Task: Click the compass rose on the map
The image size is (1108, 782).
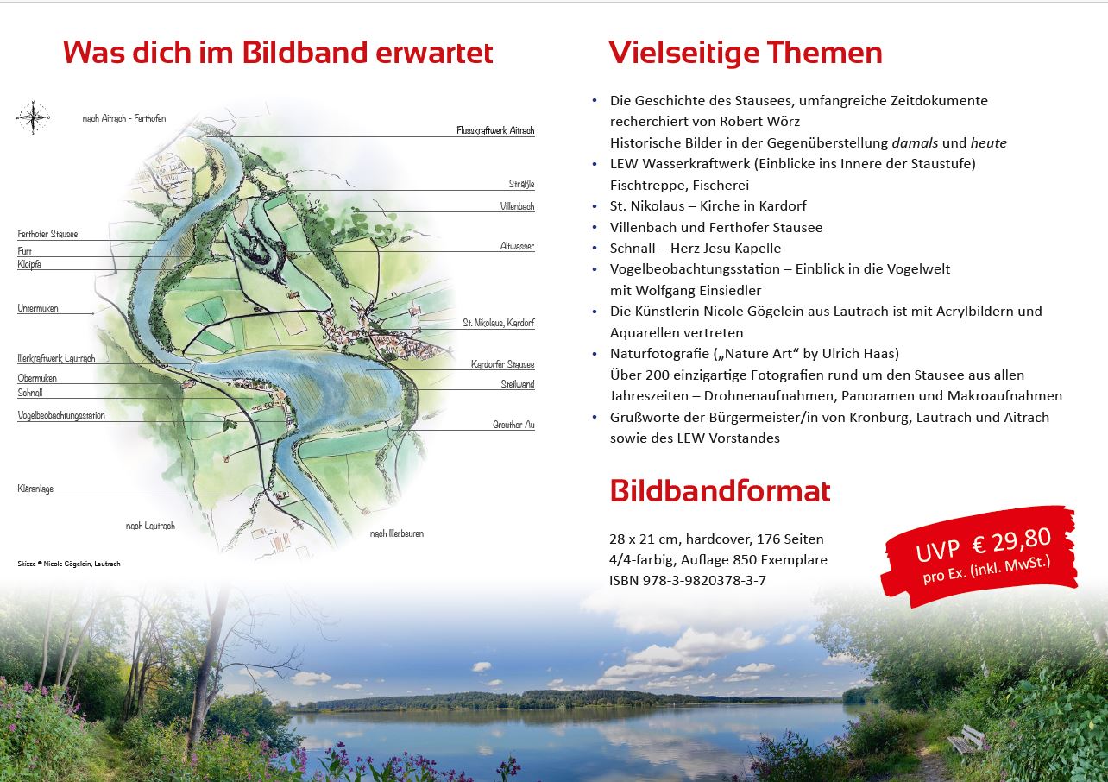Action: point(33,117)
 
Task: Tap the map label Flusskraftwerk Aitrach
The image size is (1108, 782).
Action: point(495,130)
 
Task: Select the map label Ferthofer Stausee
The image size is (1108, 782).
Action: point(47,234)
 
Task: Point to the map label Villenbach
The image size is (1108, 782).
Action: point(517,206)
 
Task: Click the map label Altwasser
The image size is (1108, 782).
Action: point(517,246)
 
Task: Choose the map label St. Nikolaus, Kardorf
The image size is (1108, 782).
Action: point(498,323)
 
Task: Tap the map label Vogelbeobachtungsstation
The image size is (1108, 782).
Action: point(61,415)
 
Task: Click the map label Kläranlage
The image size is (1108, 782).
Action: point(35,489)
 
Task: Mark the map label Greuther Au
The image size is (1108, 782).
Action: point(513,425)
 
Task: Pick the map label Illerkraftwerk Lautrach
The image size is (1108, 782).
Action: point(56,358)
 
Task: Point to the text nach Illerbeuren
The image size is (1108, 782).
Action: point(397,533)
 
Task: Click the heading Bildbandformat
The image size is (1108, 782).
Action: point(720,491)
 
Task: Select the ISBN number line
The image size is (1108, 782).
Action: point(688,581)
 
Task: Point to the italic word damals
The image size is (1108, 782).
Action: point(915,143)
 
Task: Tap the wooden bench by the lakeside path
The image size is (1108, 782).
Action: point(966,740)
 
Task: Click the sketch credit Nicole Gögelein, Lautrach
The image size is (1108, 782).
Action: point(82,564)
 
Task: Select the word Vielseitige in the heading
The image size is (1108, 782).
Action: point(683,54)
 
